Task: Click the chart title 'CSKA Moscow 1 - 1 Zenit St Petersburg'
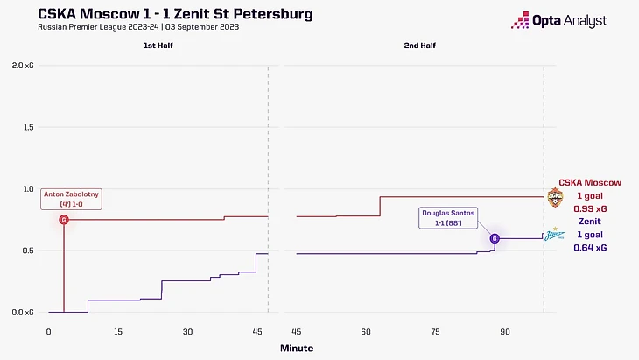click(175, 14)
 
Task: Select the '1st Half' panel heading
click(158, 46)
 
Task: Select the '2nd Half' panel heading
click(419, 46)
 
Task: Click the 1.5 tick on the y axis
click(27, 127)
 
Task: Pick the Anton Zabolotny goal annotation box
click(71, 199)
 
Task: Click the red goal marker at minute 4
click(64, 219)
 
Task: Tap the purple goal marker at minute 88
click(495, 238)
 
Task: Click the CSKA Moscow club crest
click(555, 198)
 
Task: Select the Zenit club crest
click(555, 235)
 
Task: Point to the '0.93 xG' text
click(589, 210)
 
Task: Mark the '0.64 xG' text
click(589, 248)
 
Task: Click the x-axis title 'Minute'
click(296, 348)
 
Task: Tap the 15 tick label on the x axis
click(117, 331)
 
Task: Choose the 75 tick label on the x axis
click(435, 331)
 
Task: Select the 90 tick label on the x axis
click(505, 331)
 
